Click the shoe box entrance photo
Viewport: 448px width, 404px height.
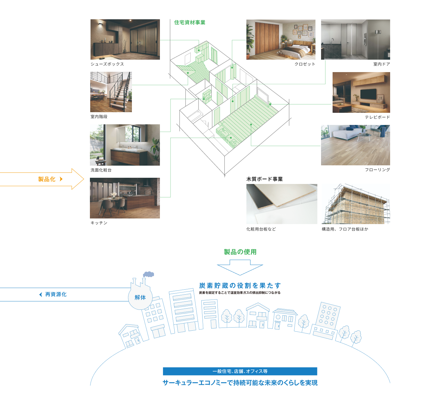pos(125,39)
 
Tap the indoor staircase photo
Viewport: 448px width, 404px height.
pos(111,92)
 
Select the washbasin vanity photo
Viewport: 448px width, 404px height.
pos(125,145)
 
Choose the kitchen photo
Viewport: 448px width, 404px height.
pos(125,198)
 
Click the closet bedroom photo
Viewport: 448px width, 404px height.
pos(281,39)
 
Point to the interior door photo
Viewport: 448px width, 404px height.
pos(355,39)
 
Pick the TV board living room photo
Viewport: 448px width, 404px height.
pos(361,92)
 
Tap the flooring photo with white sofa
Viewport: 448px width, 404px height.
pos(355,145)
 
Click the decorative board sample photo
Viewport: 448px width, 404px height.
pos(282,204)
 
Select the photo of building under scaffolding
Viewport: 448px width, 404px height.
pos(356,204)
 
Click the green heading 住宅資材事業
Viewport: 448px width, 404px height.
pos(189,22)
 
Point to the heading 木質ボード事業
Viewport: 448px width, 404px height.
pos(264,179)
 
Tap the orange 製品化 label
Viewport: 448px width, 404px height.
pos(47,179)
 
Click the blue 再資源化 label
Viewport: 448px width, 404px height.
pos(56,294)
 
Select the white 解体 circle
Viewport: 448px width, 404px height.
pos(140,298)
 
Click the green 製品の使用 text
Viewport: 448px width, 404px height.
pos(240,252)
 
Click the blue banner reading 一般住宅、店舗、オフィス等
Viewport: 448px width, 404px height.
pos(240,371)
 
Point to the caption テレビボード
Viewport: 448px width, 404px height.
pos(377,117)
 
